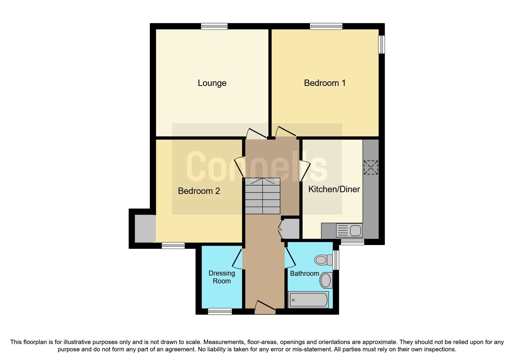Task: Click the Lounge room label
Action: coord(212,83)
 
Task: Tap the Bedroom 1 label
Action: coord(324,83)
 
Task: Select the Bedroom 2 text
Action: coord(199,191)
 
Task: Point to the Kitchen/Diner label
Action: coord(334,189)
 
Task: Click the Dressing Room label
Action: coord(222,277)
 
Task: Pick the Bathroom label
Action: coord(304,273)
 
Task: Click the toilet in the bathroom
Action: coord(323,259)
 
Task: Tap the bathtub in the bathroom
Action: coord(308,300)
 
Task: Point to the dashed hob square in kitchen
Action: coord(371,168)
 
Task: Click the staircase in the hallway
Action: coord(263,196)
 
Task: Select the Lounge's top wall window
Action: coord(214,26)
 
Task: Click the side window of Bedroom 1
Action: coord(382,44)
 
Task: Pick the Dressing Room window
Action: coord(220,312)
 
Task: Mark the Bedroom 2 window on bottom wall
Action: coord(173,246)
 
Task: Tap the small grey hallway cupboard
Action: coord(291,229)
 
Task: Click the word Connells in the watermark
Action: coord(257,167)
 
